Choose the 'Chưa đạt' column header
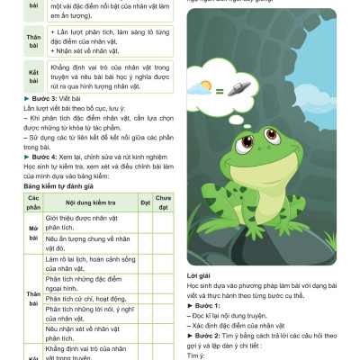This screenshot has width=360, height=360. tap(162, 203)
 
